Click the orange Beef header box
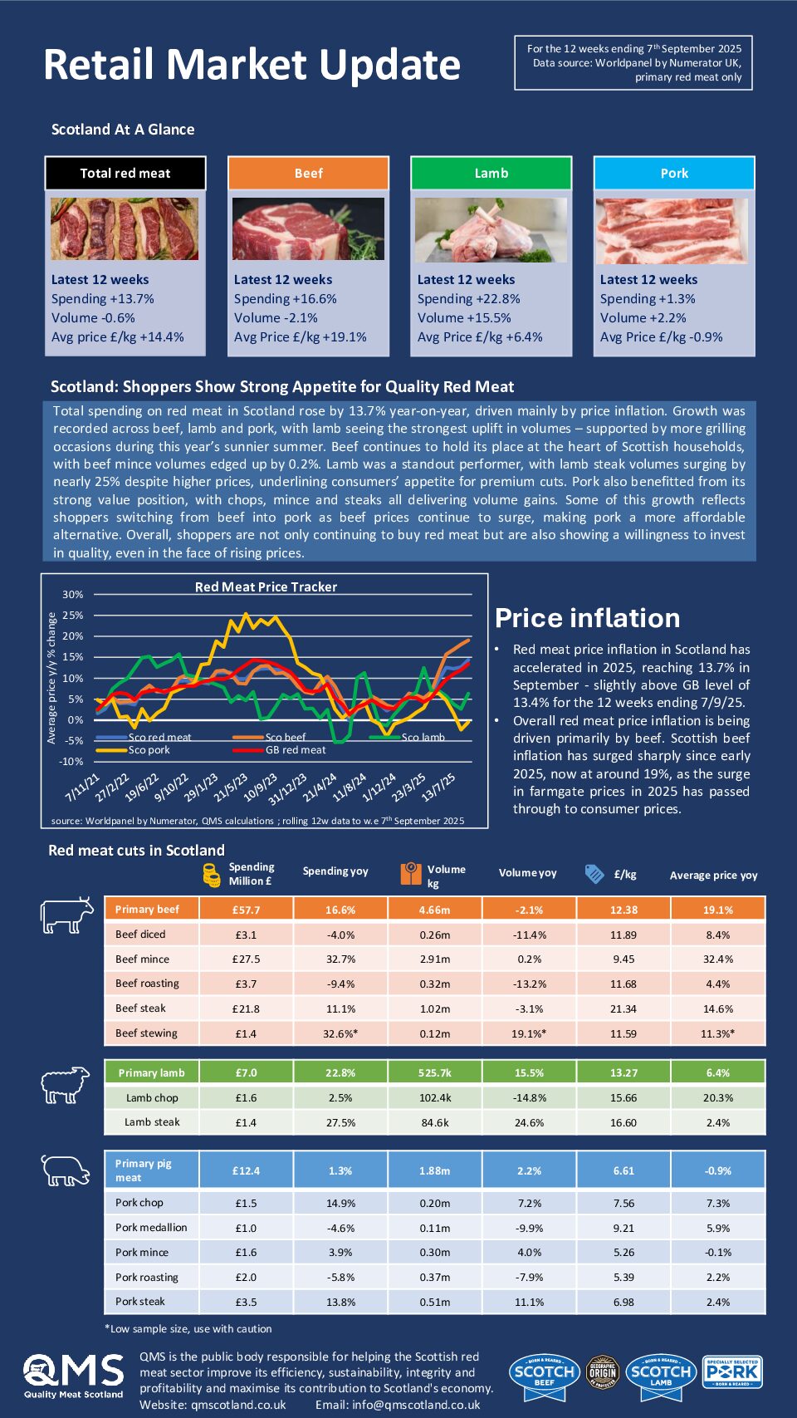tap(308, 174)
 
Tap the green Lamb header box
tap(491, 174)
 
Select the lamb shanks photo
tap(491, 229)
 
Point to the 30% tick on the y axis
tap(73, 595)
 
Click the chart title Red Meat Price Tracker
tap(266, 587)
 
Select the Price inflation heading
tap(587, 618)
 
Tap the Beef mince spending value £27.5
tap(246, 959)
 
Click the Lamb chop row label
tap(152, 1098)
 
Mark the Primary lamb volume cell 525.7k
tap(435, 1073)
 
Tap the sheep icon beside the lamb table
tap(66, 1084)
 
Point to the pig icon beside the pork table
tap(66, 1170)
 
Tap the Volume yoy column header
tap(527, 873)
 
